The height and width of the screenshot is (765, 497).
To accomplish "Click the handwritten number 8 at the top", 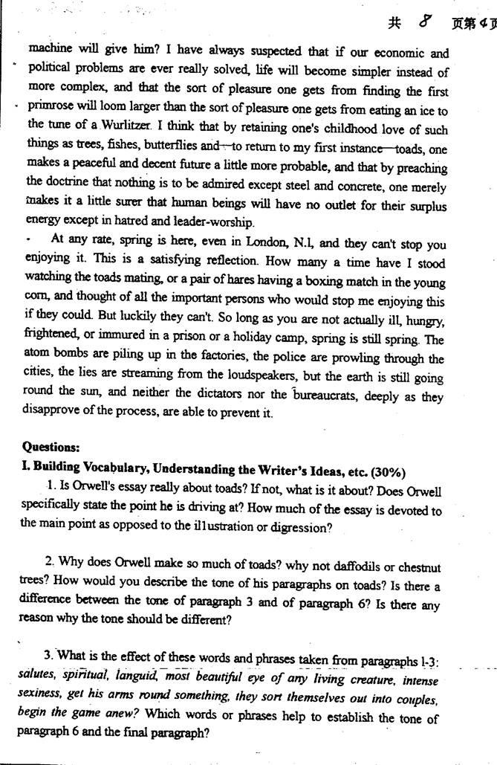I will (426, 23).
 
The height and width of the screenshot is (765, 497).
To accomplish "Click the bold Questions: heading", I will (51, 447).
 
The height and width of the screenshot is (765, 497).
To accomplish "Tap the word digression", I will (294, 528).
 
